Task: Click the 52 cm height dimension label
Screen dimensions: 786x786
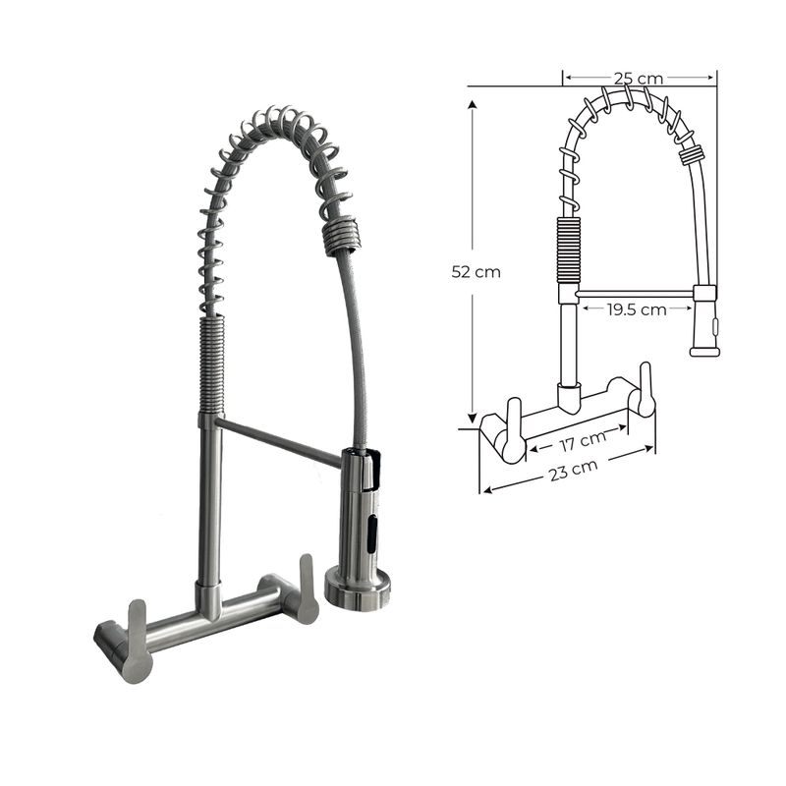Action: (476, 272)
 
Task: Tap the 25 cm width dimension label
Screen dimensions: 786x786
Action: (638, 79)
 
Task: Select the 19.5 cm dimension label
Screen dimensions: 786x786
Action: (637, 309)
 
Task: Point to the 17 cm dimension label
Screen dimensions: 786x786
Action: (582, 440)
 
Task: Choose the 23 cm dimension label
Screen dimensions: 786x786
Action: (574, 470)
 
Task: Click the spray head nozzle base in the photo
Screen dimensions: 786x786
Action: (358, 588)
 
